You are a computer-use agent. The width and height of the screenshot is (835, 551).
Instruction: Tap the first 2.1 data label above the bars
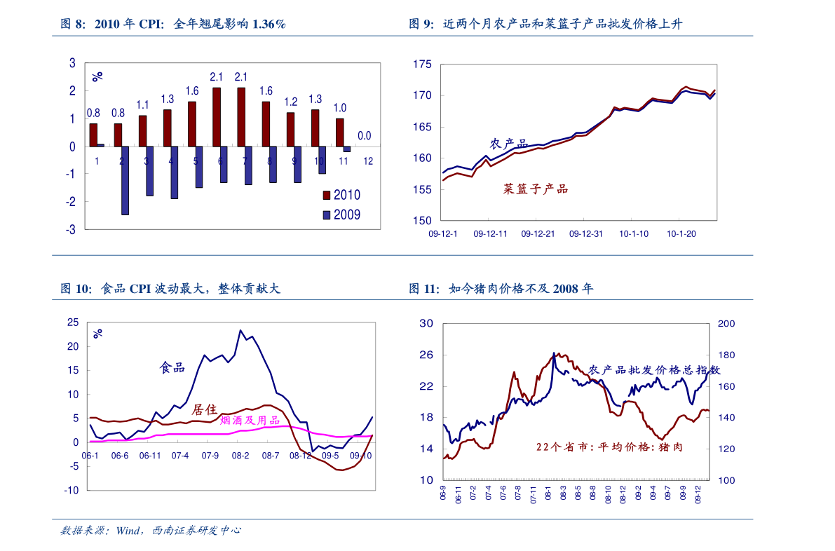[217, 77]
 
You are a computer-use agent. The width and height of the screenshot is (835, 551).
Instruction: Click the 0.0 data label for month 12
[365, 135]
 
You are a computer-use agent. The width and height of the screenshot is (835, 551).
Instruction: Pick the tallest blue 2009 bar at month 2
[125, 180]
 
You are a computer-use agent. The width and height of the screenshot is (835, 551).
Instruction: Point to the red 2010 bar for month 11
[339, 132]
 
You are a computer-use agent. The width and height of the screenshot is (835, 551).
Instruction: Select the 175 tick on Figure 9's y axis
[423, 64]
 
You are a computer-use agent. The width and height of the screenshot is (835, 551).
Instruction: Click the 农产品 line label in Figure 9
[508, 144]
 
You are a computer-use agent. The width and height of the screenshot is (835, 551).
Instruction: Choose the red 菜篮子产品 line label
[535, 189]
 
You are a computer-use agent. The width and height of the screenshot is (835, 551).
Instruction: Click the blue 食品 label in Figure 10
[172, 367]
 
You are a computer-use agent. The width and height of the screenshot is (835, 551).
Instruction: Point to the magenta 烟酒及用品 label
[250, 421]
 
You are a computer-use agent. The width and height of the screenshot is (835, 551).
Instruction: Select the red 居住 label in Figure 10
[204, 410]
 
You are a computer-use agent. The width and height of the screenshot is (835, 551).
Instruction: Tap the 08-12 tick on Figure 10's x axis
[300, 456]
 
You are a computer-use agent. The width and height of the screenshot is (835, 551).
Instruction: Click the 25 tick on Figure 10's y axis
[72, 322]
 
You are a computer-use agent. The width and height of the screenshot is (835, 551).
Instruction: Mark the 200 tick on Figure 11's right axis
[726, 323]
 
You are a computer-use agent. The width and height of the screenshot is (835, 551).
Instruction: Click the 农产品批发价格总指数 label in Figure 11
[654, 370]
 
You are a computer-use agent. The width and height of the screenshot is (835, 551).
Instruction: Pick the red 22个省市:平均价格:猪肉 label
[609, 447]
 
